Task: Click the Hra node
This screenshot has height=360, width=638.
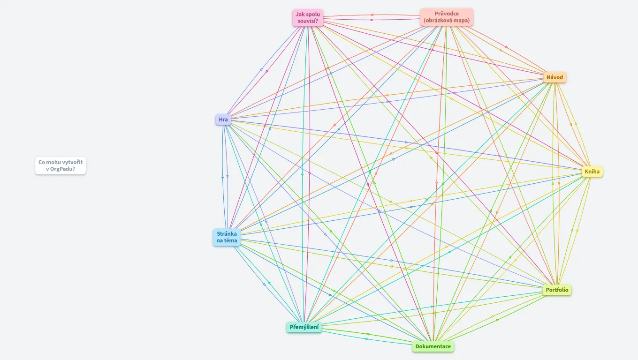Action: [x=223, y=120]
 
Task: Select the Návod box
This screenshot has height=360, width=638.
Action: [x=554, y=77]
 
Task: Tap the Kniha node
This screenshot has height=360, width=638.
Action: [x=592, y=172]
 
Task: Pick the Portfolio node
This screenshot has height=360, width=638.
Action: [x=557, y=290]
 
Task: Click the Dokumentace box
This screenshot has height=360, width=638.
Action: [x=433, y=346]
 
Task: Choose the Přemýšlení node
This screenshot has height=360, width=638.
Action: [x=304, y=327]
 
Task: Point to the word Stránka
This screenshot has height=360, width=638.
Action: [x=227, y=234]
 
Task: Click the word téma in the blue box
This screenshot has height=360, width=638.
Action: [x=230, y=240]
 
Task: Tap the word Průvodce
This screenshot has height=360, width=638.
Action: [x=447, y=14]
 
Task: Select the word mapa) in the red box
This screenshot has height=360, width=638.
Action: [x=462, y=20]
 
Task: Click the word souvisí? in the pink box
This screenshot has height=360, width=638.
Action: [x=308, y=21]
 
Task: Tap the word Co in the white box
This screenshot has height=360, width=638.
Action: [x=42, y=162]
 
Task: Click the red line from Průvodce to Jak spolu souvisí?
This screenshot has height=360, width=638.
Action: [x=372, y=15]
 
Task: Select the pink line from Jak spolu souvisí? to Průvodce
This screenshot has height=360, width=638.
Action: [x=372, y=20]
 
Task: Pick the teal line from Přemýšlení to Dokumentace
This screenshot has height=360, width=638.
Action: [x=367, y=339]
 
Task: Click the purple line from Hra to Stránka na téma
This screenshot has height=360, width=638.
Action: [x=227, y=176]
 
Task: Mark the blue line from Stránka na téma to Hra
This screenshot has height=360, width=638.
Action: [x=223, y=176]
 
